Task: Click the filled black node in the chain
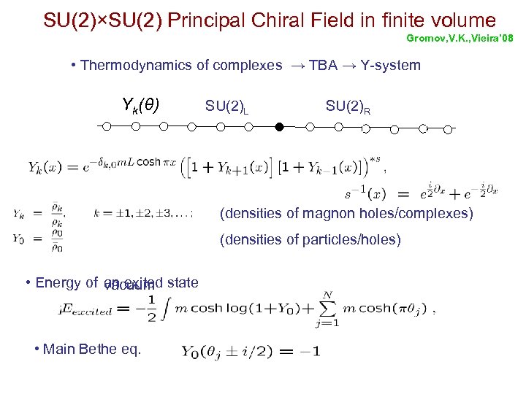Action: pyautogui.click(x=278, y=127)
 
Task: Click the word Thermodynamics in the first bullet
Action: pyautogui.click(x=131, y=66)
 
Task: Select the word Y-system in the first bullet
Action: pyautogui.click(x=391, y=66)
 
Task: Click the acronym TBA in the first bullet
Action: pyautogui.click(x=323, y=66)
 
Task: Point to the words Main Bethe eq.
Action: pyautogui.click(x=92, y=349)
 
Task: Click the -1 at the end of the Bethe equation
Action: pyautogui.click(x=309, y=351)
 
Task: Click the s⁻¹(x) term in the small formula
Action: pyautogui.click(x=364, y=194)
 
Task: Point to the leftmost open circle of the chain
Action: pyautogui.click(x=107, y=126)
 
